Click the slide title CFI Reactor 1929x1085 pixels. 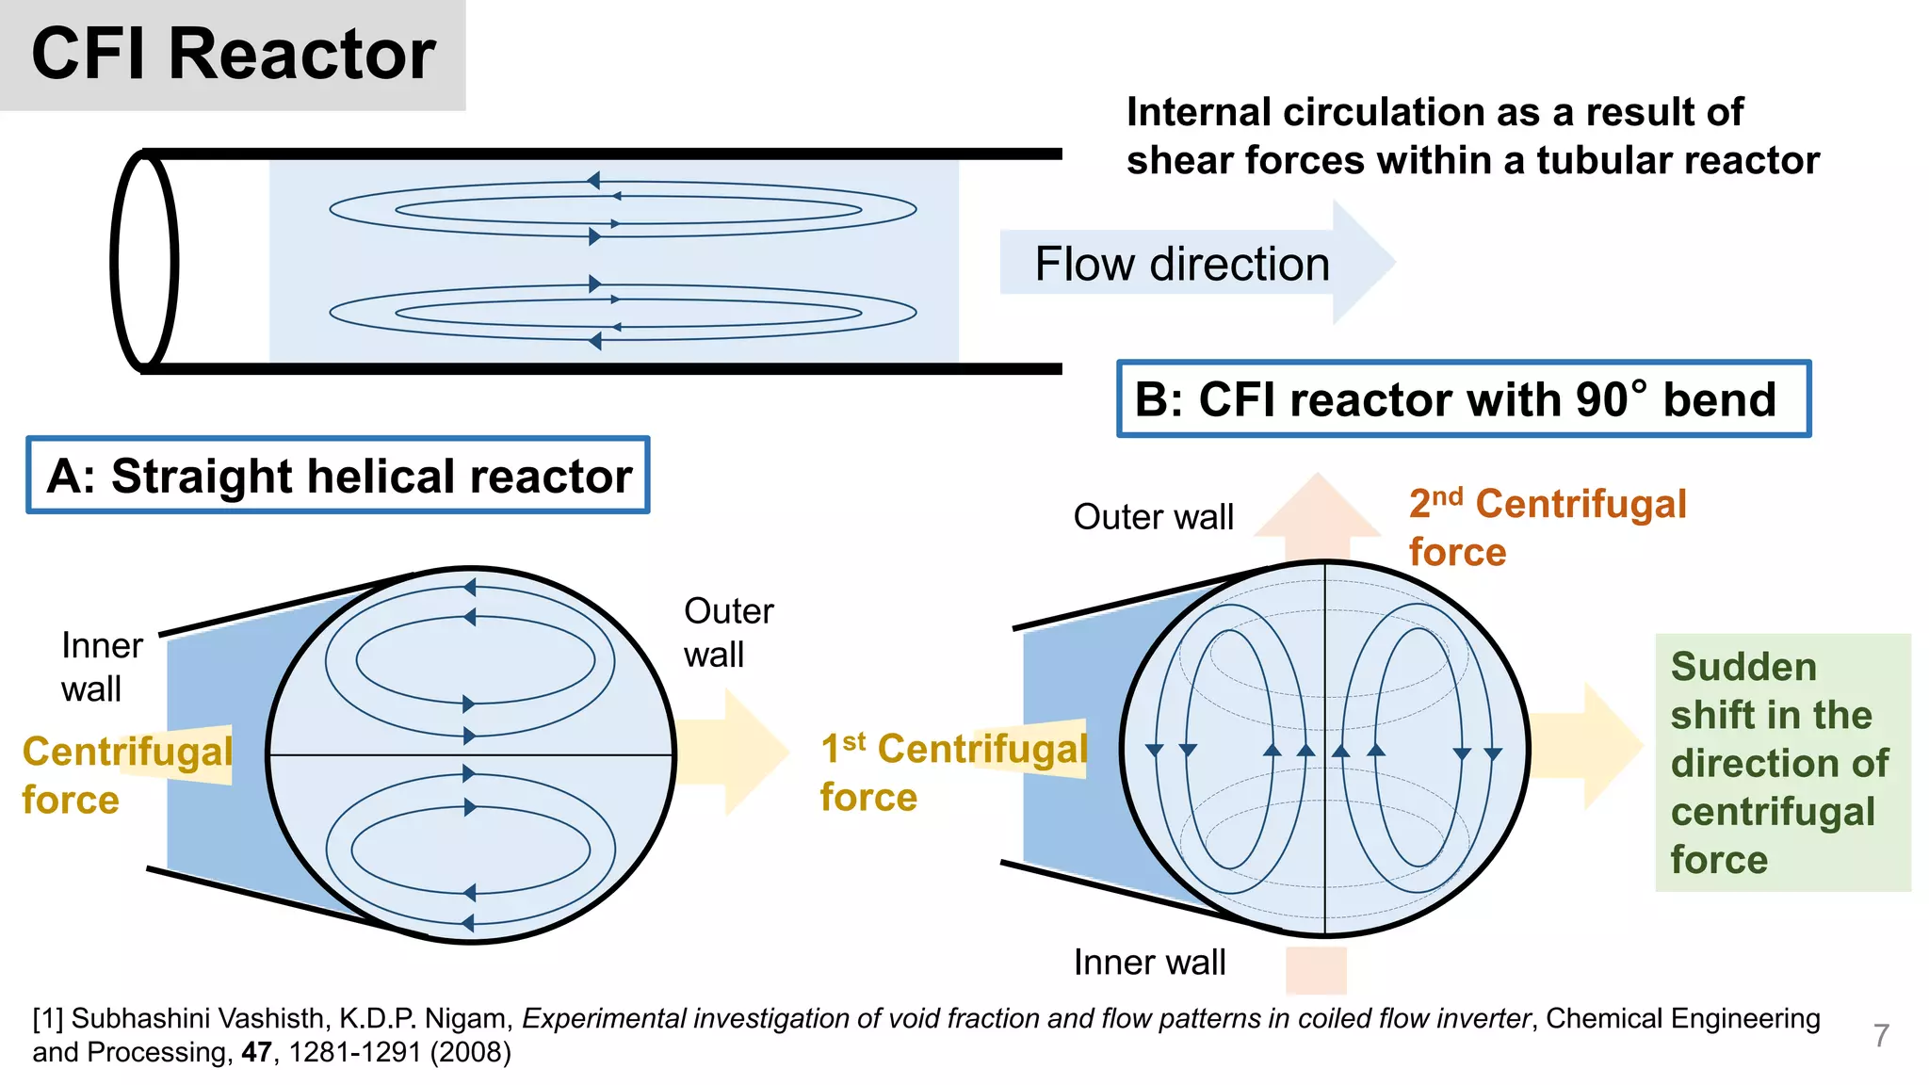coord(233,55)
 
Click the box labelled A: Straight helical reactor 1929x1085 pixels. coord(338,476)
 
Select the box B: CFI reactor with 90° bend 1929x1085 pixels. coord(1463,399)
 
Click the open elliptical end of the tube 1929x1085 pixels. coord(144,261)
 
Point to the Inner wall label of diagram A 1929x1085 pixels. coord(101,667)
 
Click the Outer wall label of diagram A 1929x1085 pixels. coord(728,632)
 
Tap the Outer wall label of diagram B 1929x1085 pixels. coord(1153,517)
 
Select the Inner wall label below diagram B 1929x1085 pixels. coord(1149,963)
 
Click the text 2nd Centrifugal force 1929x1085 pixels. coord(1546,527)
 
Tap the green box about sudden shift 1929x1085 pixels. coord(1782,763)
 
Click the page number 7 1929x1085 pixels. coord(1881,1035)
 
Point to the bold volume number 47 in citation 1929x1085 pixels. coord(257,1052)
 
